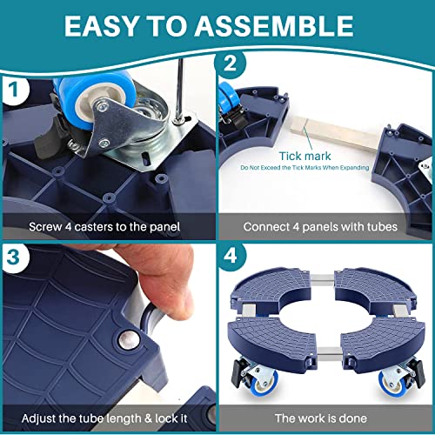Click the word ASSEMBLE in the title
[x=274, y=26]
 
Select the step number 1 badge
[x=14, y=90]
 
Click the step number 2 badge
[x=230, y=64]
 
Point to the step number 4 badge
[x=231, y=256]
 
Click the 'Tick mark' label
[x=304, y=156]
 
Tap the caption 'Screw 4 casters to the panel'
[x=104, y=227]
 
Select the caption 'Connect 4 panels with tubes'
[x=320, y=227]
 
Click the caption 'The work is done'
[x=321, y=418]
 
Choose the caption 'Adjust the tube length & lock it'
[x=104, y=418]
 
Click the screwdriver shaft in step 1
[x=180, y=90]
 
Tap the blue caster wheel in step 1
[x=96, y=100]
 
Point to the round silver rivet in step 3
[x=128, y=339]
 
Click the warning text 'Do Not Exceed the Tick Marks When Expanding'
[x=304, y=168]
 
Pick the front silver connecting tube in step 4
[x=329, y=353]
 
